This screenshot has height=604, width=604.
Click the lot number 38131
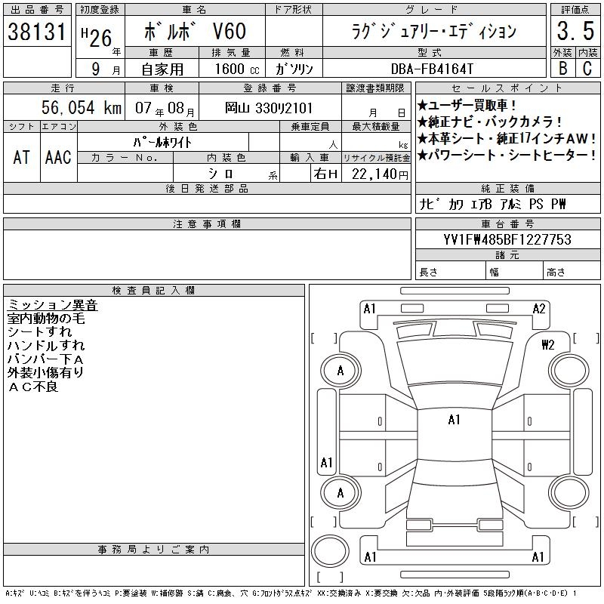[37, 32]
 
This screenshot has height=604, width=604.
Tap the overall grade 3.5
[575, 31]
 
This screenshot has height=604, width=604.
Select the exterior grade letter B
[562, 68]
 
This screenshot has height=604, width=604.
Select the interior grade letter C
[587, 68]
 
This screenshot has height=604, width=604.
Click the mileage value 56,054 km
[82, 107]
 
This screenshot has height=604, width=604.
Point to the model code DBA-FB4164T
[432, 69]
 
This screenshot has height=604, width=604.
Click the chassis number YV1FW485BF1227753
[507, 239]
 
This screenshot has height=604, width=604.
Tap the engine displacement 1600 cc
[237, 69]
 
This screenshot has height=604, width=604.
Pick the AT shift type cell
[22, 157]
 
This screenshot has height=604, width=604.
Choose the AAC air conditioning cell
[58, 157]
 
